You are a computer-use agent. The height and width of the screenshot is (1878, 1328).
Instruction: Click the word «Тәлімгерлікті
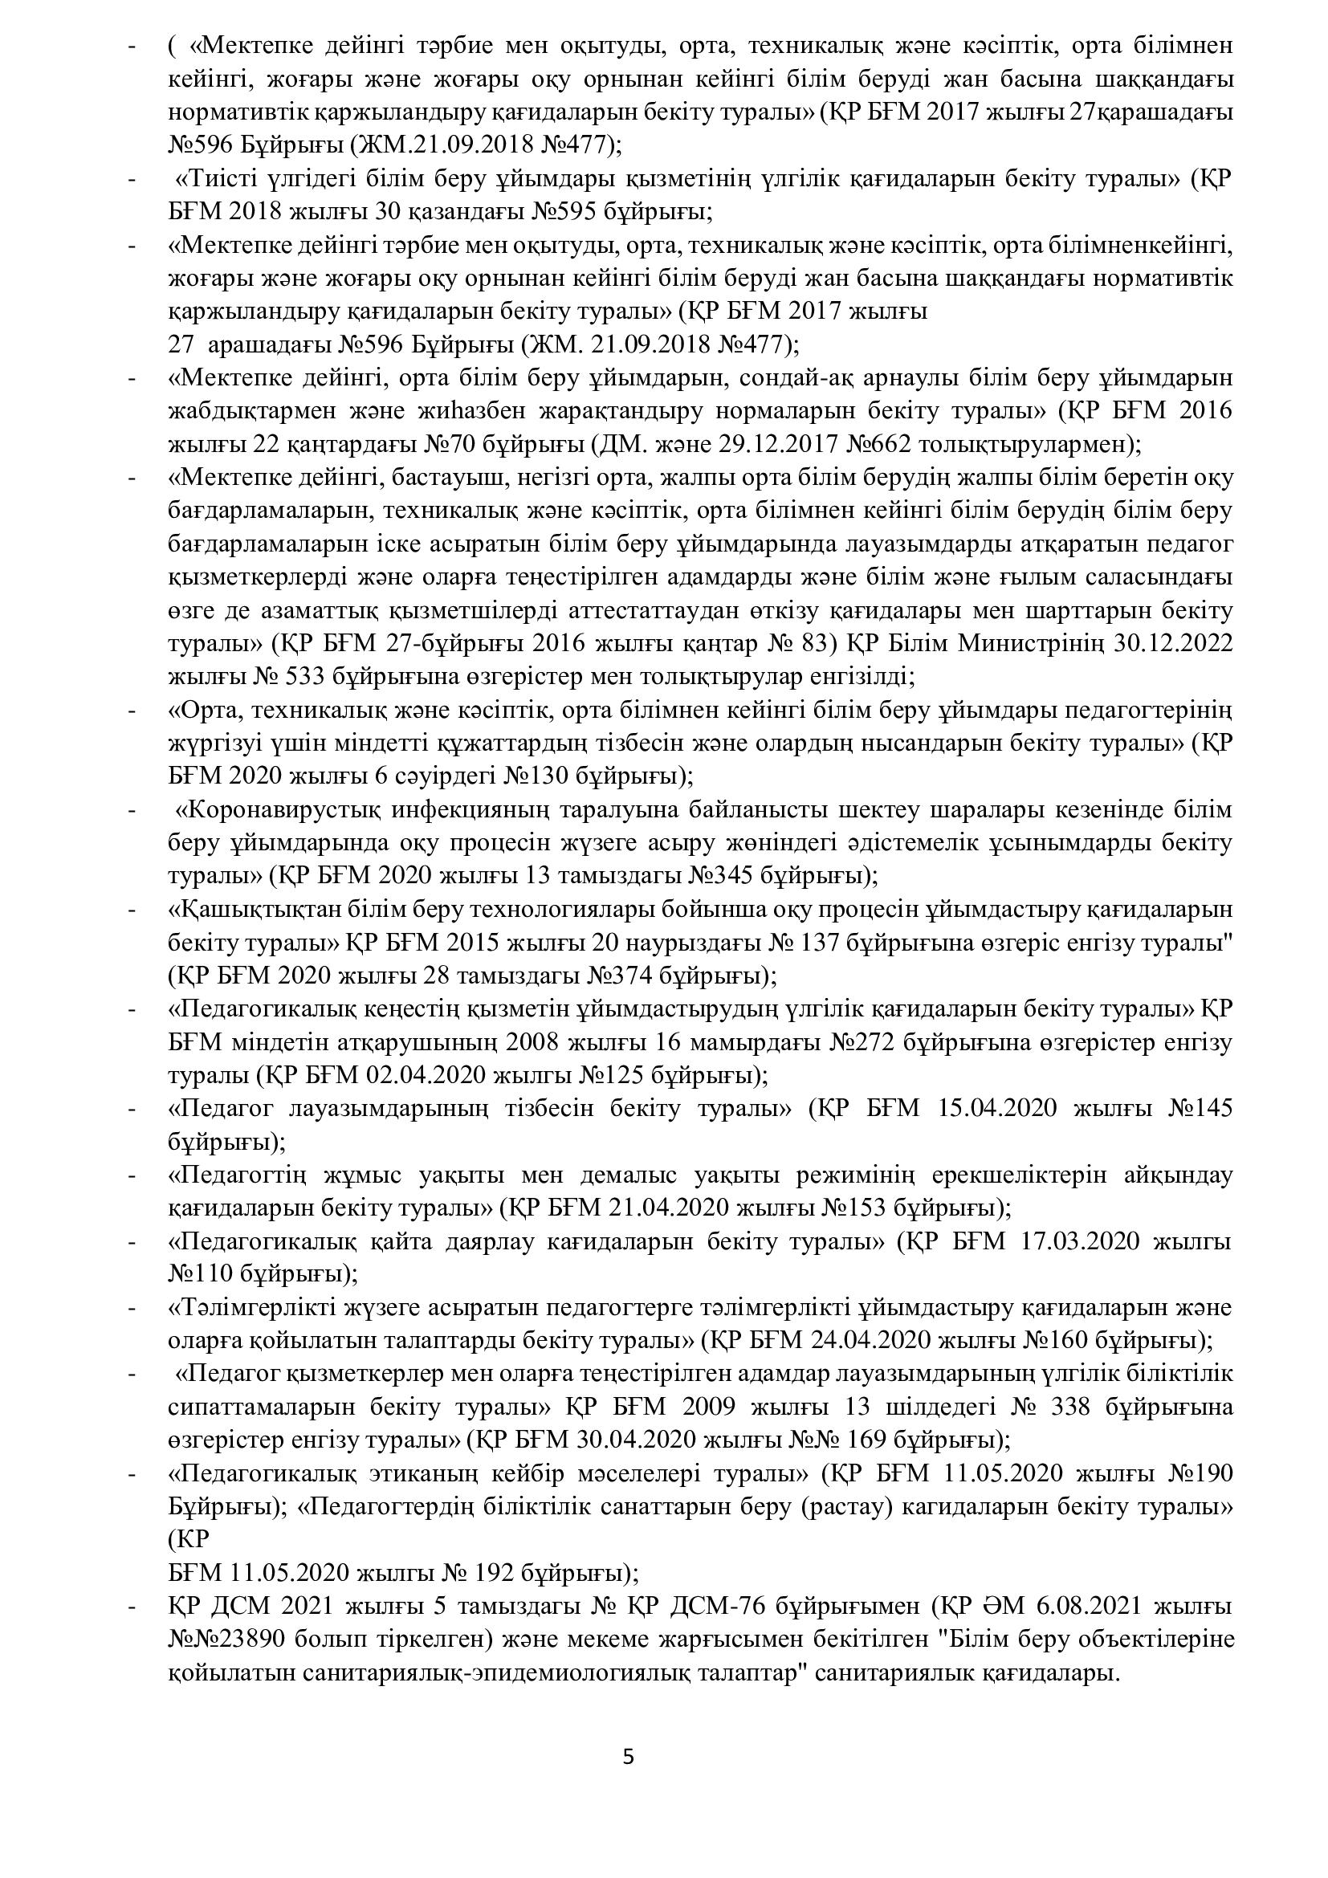point(248,1308)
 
